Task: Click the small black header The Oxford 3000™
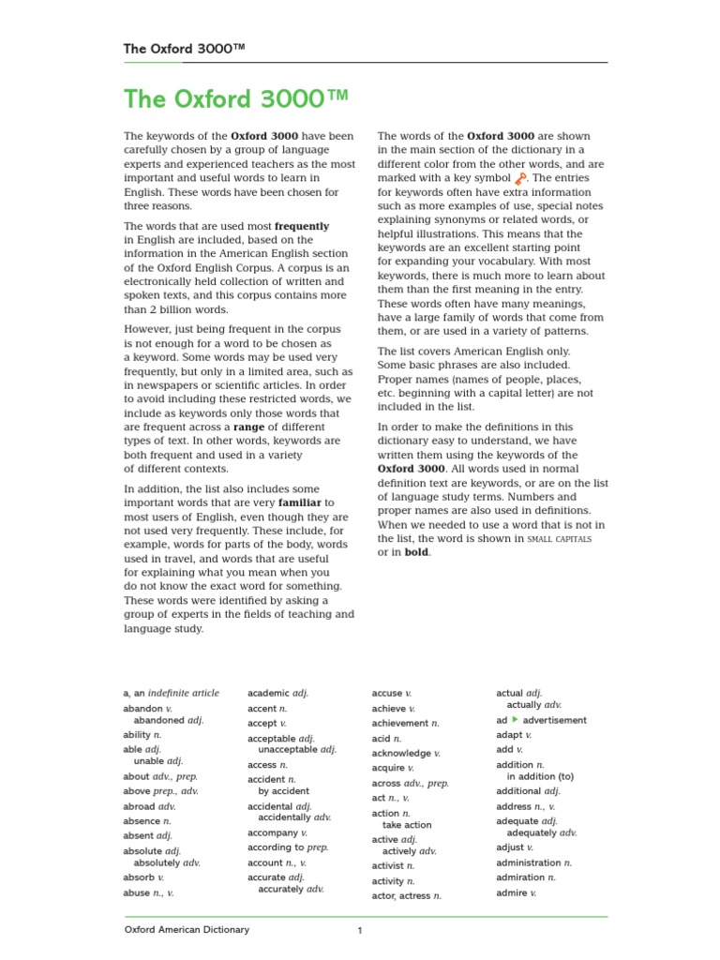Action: point(186,49)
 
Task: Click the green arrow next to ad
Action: point(515,720)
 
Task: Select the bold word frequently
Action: point(301,226)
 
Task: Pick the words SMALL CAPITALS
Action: point(560,539)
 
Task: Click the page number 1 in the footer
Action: point(359,931)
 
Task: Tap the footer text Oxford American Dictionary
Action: point(187,930)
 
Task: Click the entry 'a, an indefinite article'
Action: point(171,693)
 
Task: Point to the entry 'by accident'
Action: point(283,791)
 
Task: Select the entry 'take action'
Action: point(407,825)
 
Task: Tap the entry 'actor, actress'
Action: point(406,896)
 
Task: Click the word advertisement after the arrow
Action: point(554,720)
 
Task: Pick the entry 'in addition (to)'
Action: point(540,776)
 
